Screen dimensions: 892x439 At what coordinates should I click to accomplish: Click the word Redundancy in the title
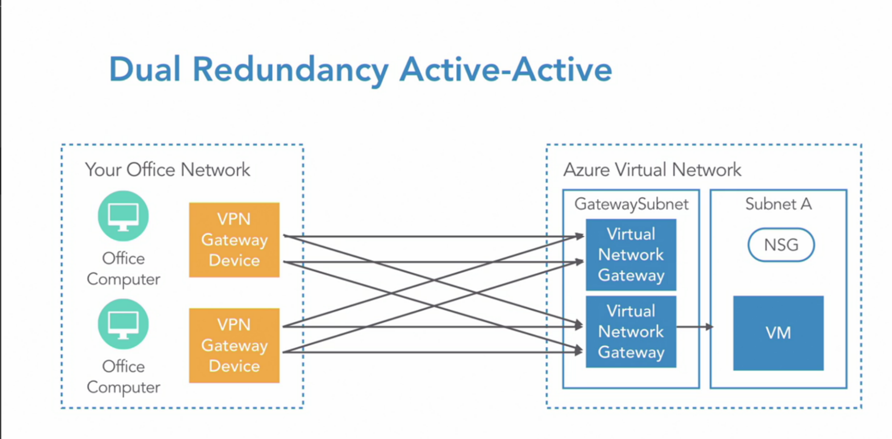pos(290,70)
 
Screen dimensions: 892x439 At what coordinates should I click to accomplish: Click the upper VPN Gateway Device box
pos(234,240)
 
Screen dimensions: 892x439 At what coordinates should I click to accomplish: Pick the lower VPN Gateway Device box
pos(234,345)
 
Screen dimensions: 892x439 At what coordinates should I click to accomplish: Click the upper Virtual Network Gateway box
pos(631,254)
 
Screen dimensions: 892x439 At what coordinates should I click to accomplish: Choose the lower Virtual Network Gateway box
pos(631,332)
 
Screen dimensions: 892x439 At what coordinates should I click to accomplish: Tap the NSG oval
pos(781,245)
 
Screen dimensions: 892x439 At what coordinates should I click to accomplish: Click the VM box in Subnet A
pos(778,333)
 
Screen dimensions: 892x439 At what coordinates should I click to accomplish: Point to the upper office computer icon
pos(123,216)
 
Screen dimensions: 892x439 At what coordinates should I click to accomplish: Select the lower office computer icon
pos(123,324)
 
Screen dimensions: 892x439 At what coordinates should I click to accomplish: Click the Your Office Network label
pos(167,170)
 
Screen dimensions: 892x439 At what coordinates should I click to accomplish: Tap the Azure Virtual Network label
pos(652,170)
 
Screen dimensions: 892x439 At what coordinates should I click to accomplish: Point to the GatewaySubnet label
pos(631,204)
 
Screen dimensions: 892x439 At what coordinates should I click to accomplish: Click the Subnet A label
pos(778,204)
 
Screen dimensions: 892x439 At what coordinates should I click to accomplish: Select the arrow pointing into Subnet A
pos(695,327)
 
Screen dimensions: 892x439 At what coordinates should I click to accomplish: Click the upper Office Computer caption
pos(123,269)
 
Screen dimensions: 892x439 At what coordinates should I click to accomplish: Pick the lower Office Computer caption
pos(123,377)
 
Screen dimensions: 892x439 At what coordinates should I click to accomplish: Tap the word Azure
pos(586,170)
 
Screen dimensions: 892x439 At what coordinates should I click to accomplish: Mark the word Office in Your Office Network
pos(151,170)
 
